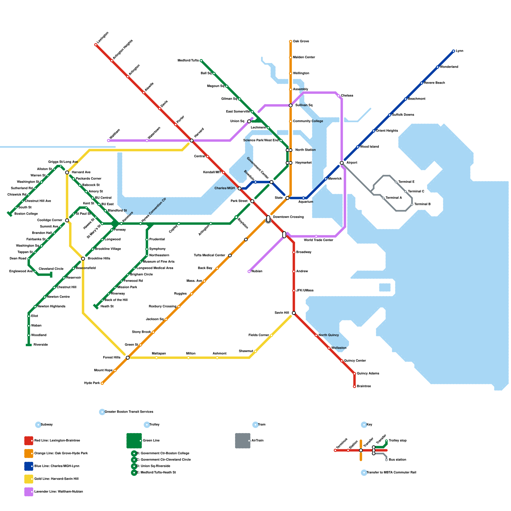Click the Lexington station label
[103, 38]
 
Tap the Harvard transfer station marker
[192, 141]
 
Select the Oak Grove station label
[301, 42]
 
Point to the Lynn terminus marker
[454, 51]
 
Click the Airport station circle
[342, 163]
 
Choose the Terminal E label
[406, 182]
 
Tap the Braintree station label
[364, 386]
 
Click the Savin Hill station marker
[294, 313]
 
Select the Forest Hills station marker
[128, 358]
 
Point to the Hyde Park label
[92, 383]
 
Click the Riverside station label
[41, 345]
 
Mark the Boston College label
[26, 214]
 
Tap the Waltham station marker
[109, 141]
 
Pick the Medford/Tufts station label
[188, 61]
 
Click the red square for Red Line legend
[29, 441]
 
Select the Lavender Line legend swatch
[29, 492]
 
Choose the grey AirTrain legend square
[243, 441]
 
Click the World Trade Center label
[318, 240]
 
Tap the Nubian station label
[257, 271]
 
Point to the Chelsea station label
[347, 96]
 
